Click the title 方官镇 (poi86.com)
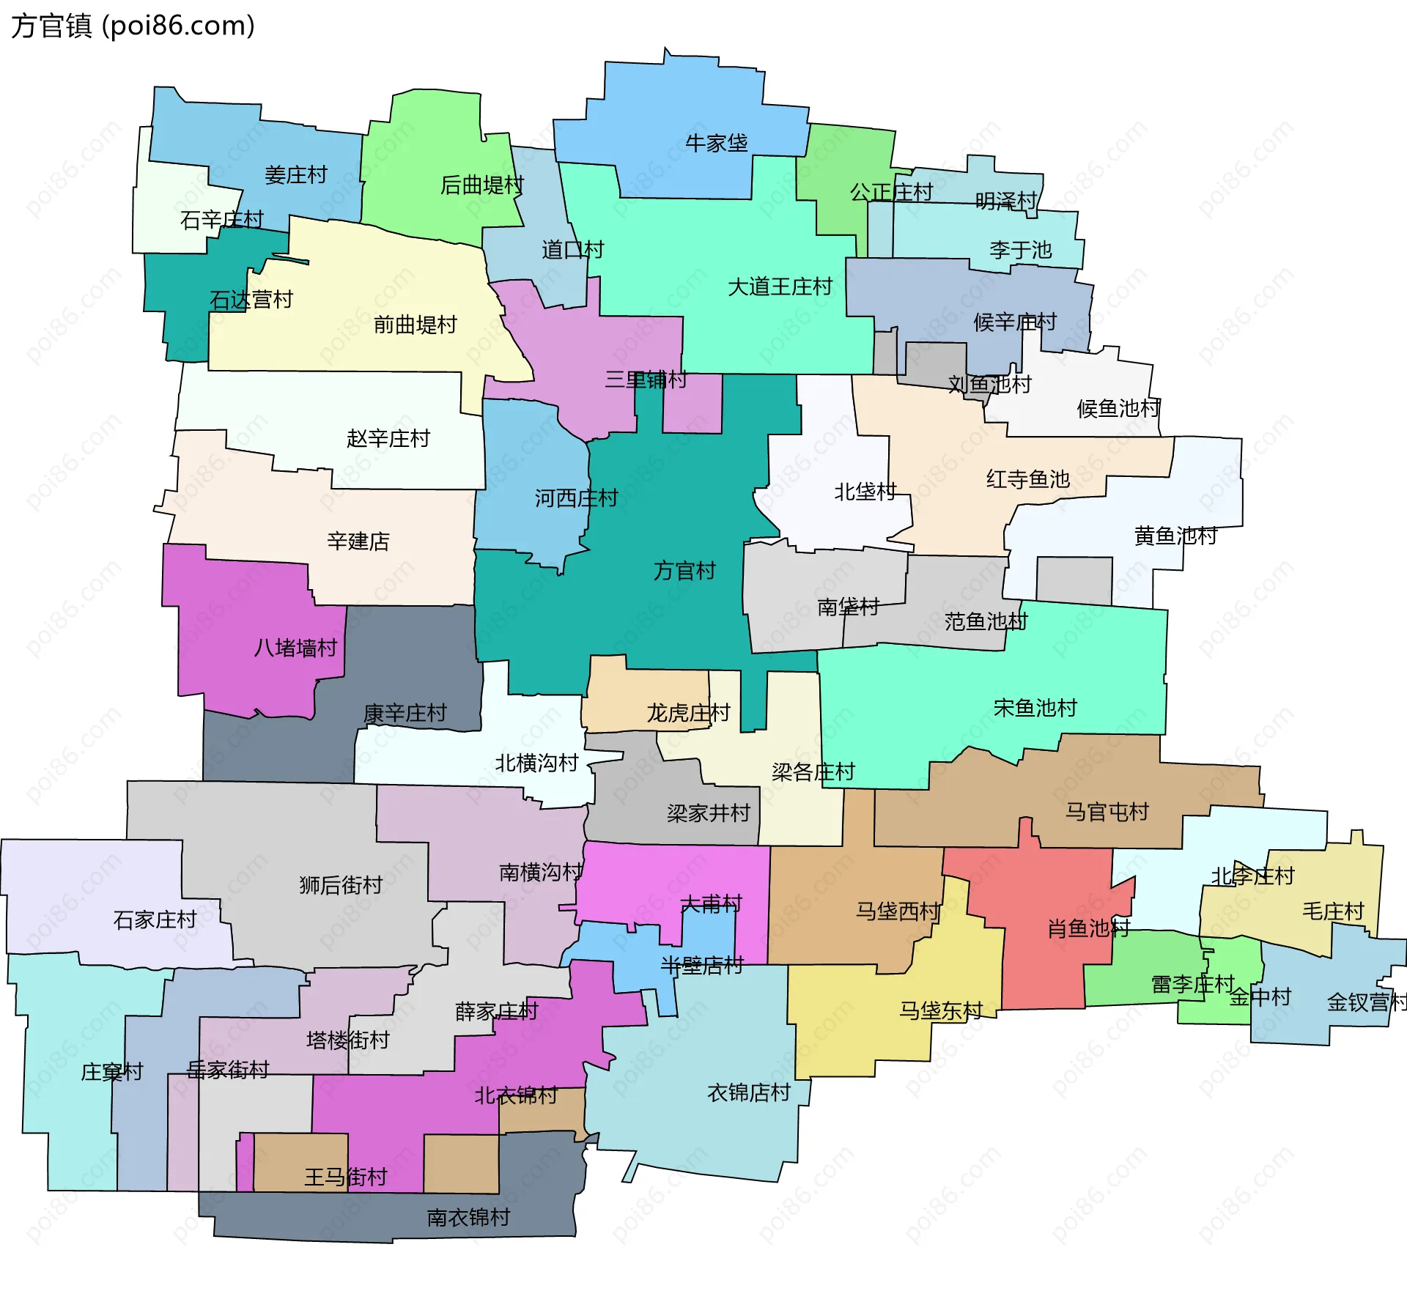coord(133,26)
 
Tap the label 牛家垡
coord(716,143)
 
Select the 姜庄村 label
coord(295,175)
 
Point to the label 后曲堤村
coord(481,185)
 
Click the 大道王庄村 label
coord(780,286)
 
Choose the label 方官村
coord(684,570)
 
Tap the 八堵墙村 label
coord(295,648)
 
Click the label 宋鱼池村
coord(1035,708)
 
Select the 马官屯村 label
coord(1107,812)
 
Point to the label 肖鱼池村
coord(1088,929)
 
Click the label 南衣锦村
coord(468,1218)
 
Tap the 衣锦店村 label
coord(748,1093)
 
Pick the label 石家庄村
coord(155,920)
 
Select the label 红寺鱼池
coord(1027,479)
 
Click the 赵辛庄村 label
coord(388,439)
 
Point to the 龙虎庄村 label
coord(688,713)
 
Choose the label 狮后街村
coord(341,885)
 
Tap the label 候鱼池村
coord(1118,409)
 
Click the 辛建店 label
coord(358,541)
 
